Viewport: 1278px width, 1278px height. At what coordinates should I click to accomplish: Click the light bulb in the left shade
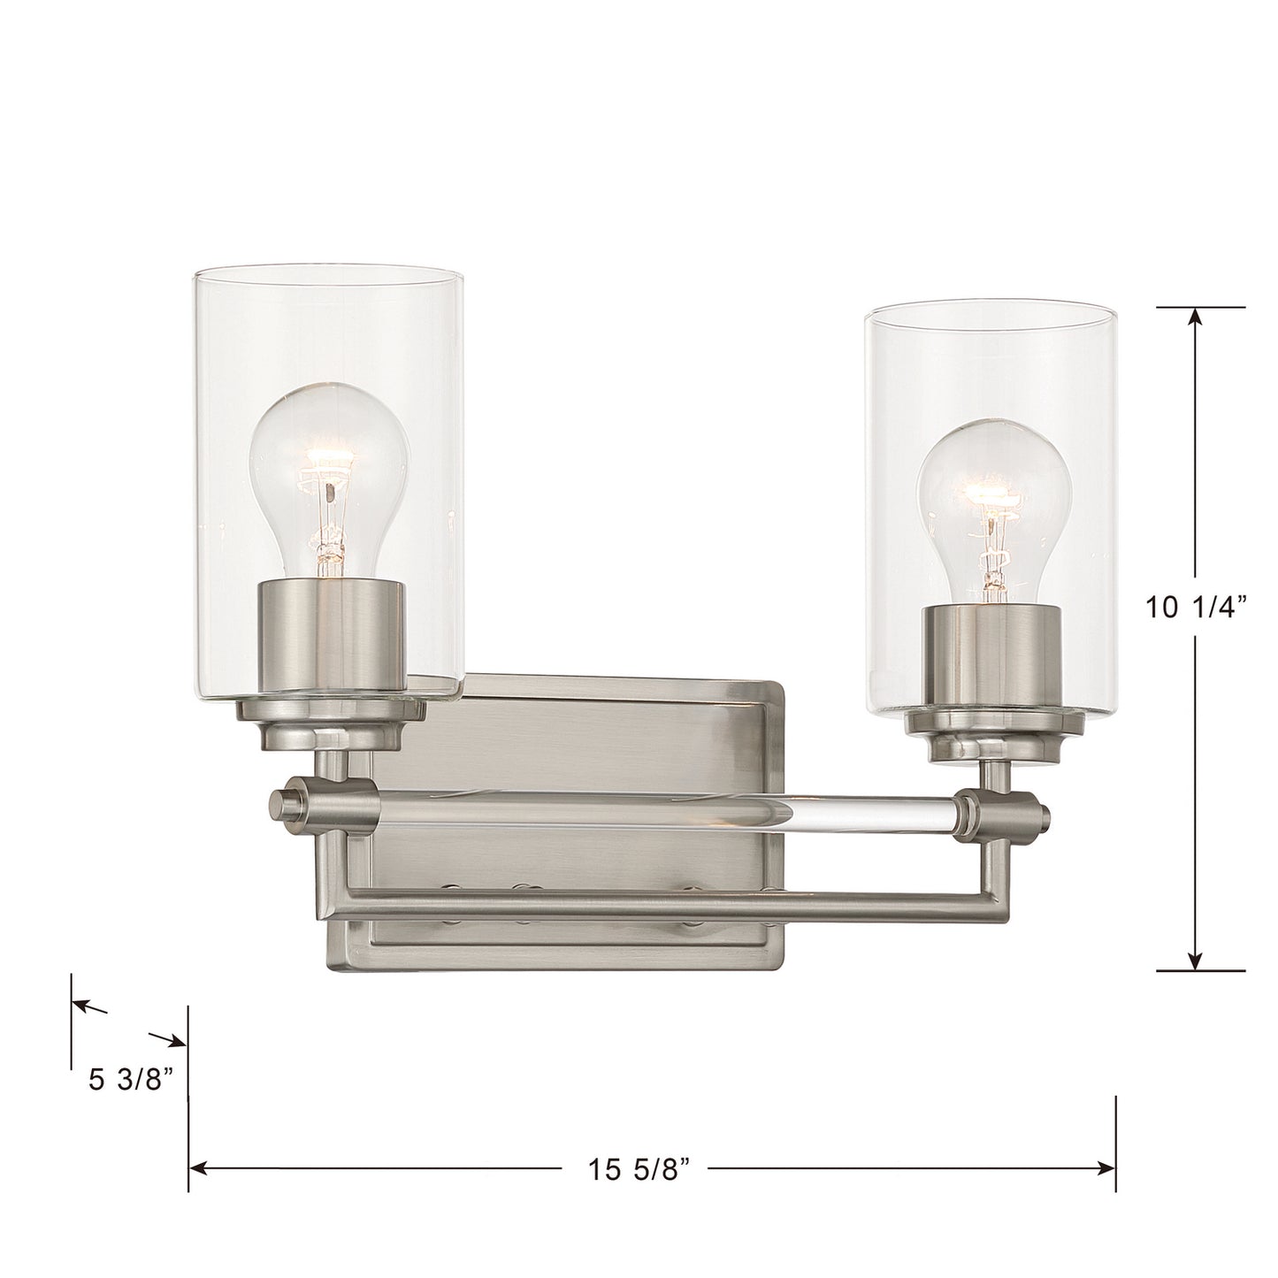click(329, 485)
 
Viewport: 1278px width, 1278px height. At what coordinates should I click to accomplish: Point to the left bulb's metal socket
click(330, 634)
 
